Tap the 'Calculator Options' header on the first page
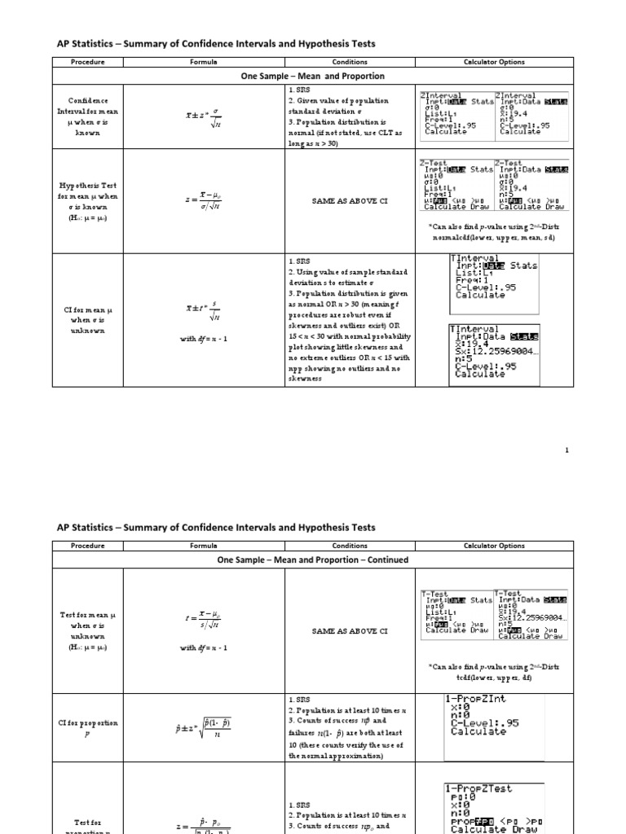(494, 62)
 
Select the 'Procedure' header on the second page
(87, 546)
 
